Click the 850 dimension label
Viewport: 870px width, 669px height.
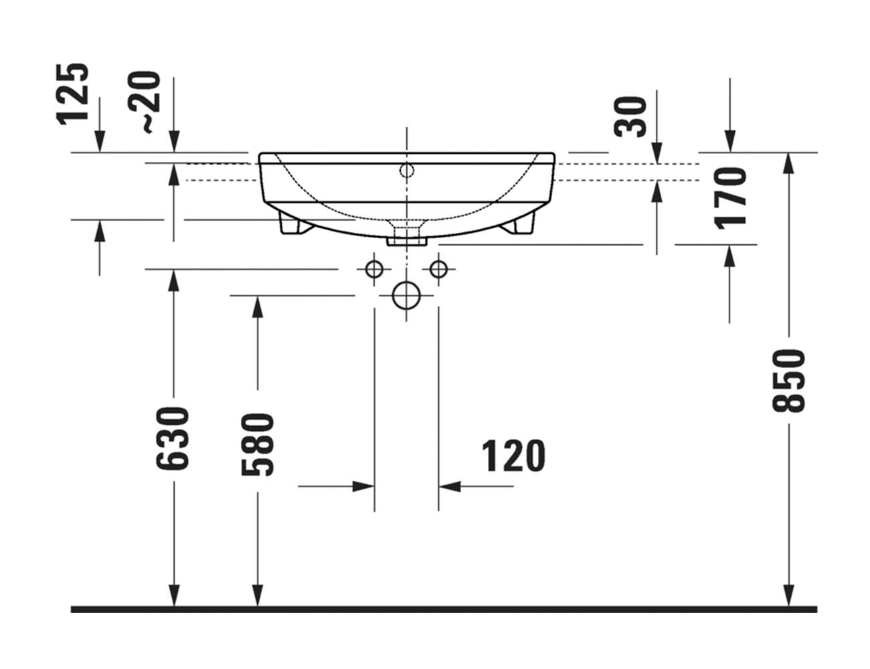pos(788,381)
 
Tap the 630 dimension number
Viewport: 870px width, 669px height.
pos(172,439)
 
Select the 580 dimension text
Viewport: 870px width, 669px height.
pos(258,444)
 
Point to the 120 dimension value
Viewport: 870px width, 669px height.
pos(513,456)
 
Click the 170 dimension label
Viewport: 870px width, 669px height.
pos(731,199)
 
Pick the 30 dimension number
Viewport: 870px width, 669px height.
pos(630,117)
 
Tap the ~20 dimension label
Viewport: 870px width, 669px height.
pos(145,102)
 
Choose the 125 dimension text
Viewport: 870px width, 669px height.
pos(72,94)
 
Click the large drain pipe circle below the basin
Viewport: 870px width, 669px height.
pos(406,296)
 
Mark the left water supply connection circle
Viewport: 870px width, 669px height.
pos(374,270)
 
